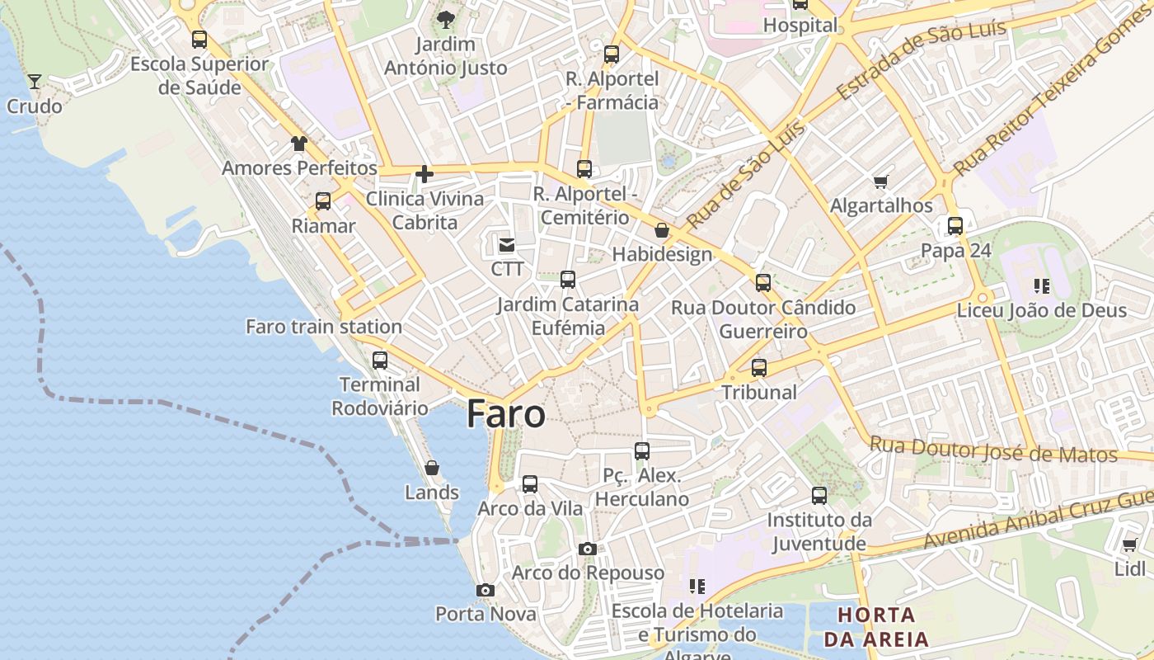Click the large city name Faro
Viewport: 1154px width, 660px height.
[506, 414]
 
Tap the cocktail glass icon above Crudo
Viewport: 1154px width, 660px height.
[35, 81]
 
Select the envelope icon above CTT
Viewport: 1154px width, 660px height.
[506, 244]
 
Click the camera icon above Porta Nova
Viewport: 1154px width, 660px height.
[486, 590]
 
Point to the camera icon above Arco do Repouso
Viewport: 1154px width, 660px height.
[587, 549]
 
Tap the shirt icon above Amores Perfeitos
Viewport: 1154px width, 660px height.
[298, 144]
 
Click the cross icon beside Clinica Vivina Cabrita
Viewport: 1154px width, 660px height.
[425, 174]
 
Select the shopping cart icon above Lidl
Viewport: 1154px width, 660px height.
[1129, 544]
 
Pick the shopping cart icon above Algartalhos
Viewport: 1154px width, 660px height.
[881, 181]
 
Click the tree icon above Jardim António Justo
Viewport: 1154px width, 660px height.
[446, 19]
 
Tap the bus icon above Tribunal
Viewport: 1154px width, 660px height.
[759, 368]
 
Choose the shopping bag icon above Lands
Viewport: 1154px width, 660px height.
[431, 469]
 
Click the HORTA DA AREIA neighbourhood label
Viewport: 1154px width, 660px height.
[875, 626]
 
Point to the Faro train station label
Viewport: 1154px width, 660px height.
[324, 327]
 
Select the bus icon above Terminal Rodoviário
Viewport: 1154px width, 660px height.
[380, 361]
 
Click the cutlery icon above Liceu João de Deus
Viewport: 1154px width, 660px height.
[1041, 286]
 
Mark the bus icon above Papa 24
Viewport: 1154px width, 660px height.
[955, 226]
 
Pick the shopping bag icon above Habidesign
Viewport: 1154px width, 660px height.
[661, 230]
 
